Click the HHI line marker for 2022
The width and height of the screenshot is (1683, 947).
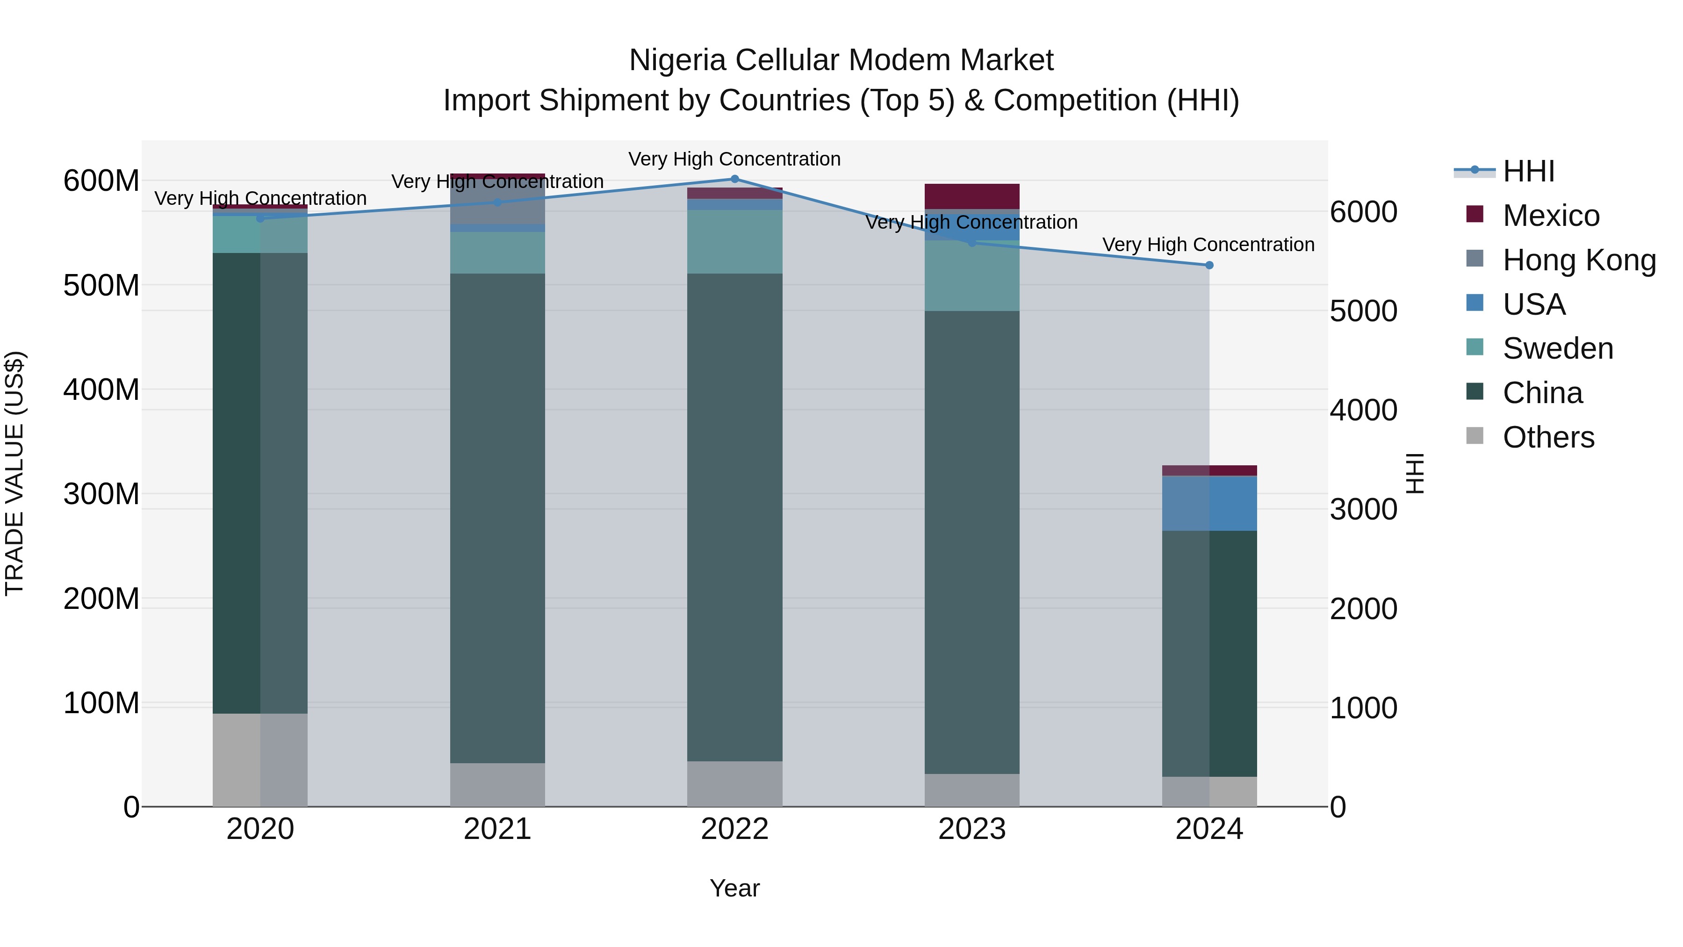pos(734,179)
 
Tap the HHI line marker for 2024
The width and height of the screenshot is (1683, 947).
pos(1208,265)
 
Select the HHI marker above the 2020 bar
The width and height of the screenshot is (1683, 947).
pos(260,218)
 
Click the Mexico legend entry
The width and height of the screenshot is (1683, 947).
pos(1550,216)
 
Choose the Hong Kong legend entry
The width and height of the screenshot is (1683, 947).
pos(1578,260)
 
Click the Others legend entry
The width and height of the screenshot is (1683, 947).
pos(1548,437)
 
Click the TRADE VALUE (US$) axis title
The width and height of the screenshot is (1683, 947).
pos(14,473)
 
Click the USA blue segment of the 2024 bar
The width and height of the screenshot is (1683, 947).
pos(1209,503)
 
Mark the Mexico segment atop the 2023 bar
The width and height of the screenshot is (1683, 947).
pos(971,196)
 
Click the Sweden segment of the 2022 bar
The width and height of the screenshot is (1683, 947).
pos(734,242)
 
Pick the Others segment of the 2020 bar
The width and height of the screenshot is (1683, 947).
pos(260,760)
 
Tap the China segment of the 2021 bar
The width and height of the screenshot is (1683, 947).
pos(497,518)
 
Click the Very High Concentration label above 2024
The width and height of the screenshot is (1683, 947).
pos(1208,245)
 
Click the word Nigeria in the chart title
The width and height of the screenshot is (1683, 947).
pos(677,61)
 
